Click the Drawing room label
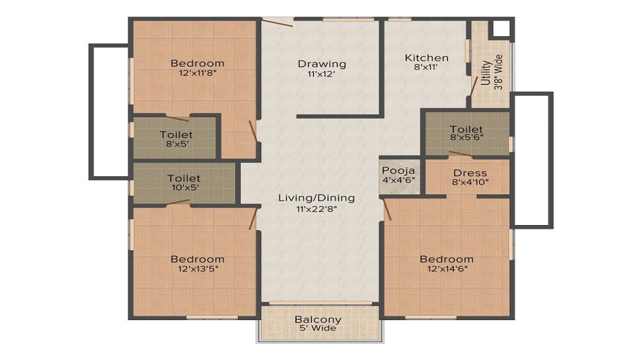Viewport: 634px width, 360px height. pyautogui.click(x=322, y=63)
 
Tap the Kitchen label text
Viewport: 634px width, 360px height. pyautogui.click(x=427, y=58)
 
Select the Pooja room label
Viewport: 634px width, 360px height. pyautogui.click(x=399, y=171)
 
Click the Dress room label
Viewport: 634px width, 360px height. pyautogui.click(x=470, y=173)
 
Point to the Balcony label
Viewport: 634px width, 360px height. pyautogui.click(x=318, y=319)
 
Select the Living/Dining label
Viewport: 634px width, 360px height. pyautogui.click(x=316, y=198)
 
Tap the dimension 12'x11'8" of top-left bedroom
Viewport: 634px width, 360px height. pyautogui.click(x=197, y=73)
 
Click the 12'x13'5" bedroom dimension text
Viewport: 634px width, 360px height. pyautogui.click(x=197, y=269)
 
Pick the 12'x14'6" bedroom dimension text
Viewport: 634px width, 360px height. pyautogui.click(x=446, y=269)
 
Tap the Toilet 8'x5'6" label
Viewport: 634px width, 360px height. pyautogui.click(x=467, y=130)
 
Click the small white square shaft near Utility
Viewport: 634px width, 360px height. pyautogui.click(x=501, y=29)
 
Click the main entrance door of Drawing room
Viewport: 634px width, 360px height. pyautogui.click(x=276, y=23)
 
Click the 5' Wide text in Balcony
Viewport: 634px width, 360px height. pyautogui.click(x=318, y=328)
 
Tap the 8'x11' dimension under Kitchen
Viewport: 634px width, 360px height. pyautogui.click(x=427, y=67)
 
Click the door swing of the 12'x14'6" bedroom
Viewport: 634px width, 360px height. pyautogui.click(x=387, y=209)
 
